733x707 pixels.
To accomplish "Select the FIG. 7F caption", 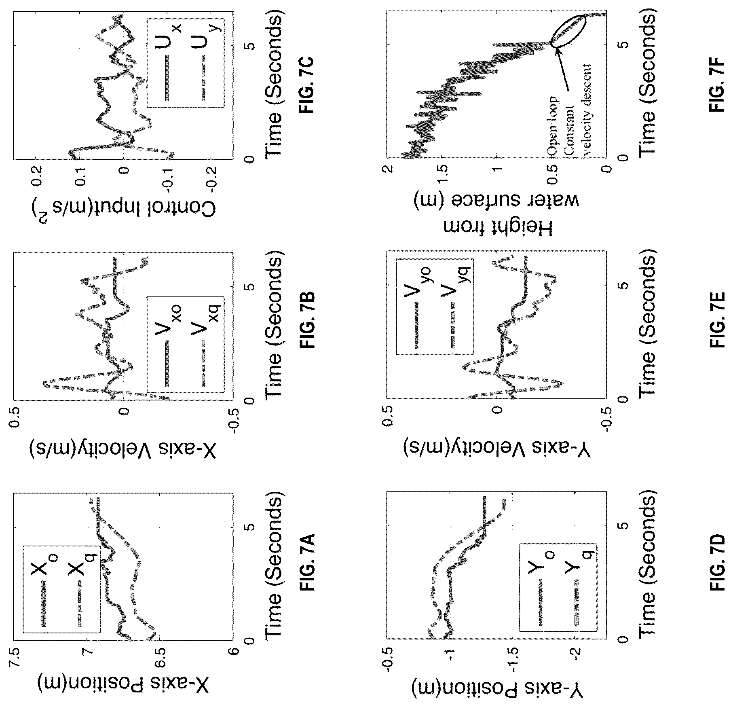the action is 718,89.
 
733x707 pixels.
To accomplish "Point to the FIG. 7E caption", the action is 718,326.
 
